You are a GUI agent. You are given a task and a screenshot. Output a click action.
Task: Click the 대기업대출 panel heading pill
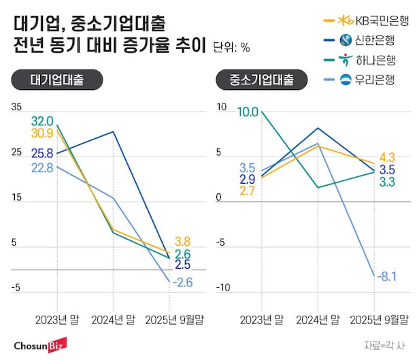click(57, 80)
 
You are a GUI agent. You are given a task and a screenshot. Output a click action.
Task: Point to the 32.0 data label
click(42, 120)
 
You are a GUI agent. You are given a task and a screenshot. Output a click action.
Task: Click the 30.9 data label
click(42, 133)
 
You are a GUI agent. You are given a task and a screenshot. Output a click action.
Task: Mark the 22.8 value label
click(42, 167)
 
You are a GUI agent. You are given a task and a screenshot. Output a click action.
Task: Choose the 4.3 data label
click(386, 157)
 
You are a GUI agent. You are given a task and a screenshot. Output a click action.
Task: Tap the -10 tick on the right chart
click(222, 288)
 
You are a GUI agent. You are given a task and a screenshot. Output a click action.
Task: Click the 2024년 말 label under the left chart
click(113, 318)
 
